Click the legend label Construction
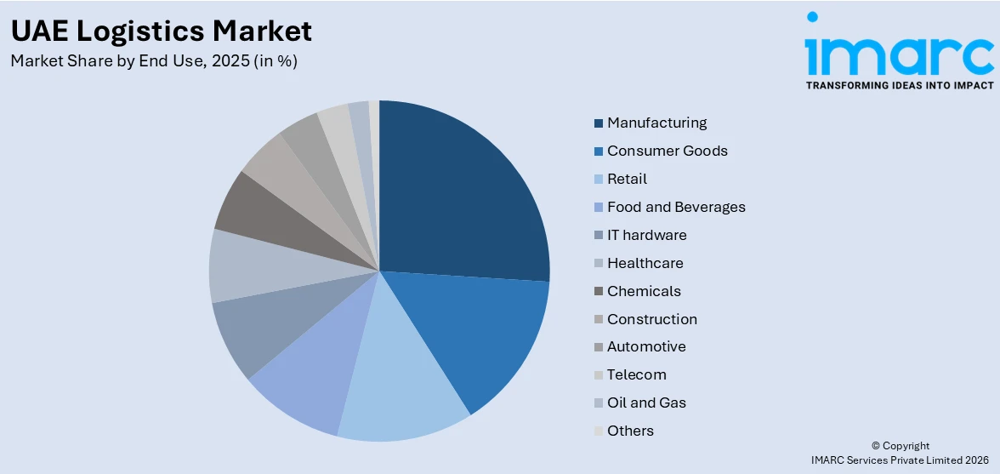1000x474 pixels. pos(651,319)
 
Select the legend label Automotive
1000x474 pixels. pos(646,346)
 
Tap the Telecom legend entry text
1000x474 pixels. pos(636,374)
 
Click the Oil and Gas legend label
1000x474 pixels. pos(646,403)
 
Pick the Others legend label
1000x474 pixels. pos(630,431)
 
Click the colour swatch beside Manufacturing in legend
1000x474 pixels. pos(599,123)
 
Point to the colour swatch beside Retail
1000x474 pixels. pos(599,180)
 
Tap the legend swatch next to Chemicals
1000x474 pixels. pos(599,292)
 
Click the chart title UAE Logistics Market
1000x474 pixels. pos(161,31)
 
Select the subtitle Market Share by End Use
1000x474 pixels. pos(154,61)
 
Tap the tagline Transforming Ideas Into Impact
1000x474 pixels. pos(899,85)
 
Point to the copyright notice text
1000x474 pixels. pos(901,452)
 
